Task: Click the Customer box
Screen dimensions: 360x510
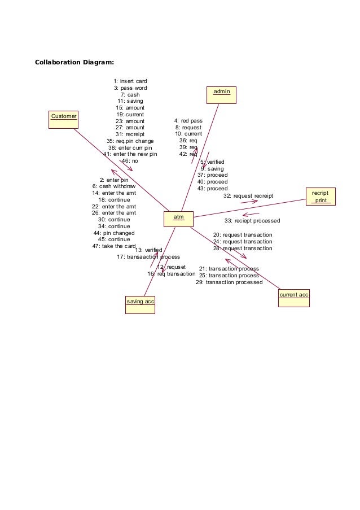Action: pos(63,120)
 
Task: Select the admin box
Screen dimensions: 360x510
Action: pos(221,95)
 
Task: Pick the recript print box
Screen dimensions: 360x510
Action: pos(321,197)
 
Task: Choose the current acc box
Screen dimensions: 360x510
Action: pos(294,298)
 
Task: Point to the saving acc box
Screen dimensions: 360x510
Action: pos(140,304)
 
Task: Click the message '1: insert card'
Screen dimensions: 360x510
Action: pos(130,81)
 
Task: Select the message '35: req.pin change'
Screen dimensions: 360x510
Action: pos(130,141)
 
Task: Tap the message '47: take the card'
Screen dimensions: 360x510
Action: pos(113,246)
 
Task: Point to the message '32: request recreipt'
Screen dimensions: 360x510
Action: pos(248,195)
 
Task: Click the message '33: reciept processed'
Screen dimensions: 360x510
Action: pos(252,220)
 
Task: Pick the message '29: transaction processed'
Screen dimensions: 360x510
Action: pos(229,282)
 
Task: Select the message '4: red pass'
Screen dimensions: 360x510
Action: pos(188,121)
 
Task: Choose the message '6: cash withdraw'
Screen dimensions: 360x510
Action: pos(114,186)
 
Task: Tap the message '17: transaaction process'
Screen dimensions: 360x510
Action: pos(148,257)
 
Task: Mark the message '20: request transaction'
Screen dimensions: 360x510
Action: pos(243,235)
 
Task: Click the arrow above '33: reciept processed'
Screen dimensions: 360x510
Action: pos(251,214)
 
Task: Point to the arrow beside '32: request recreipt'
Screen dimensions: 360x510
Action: pos(249,202)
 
